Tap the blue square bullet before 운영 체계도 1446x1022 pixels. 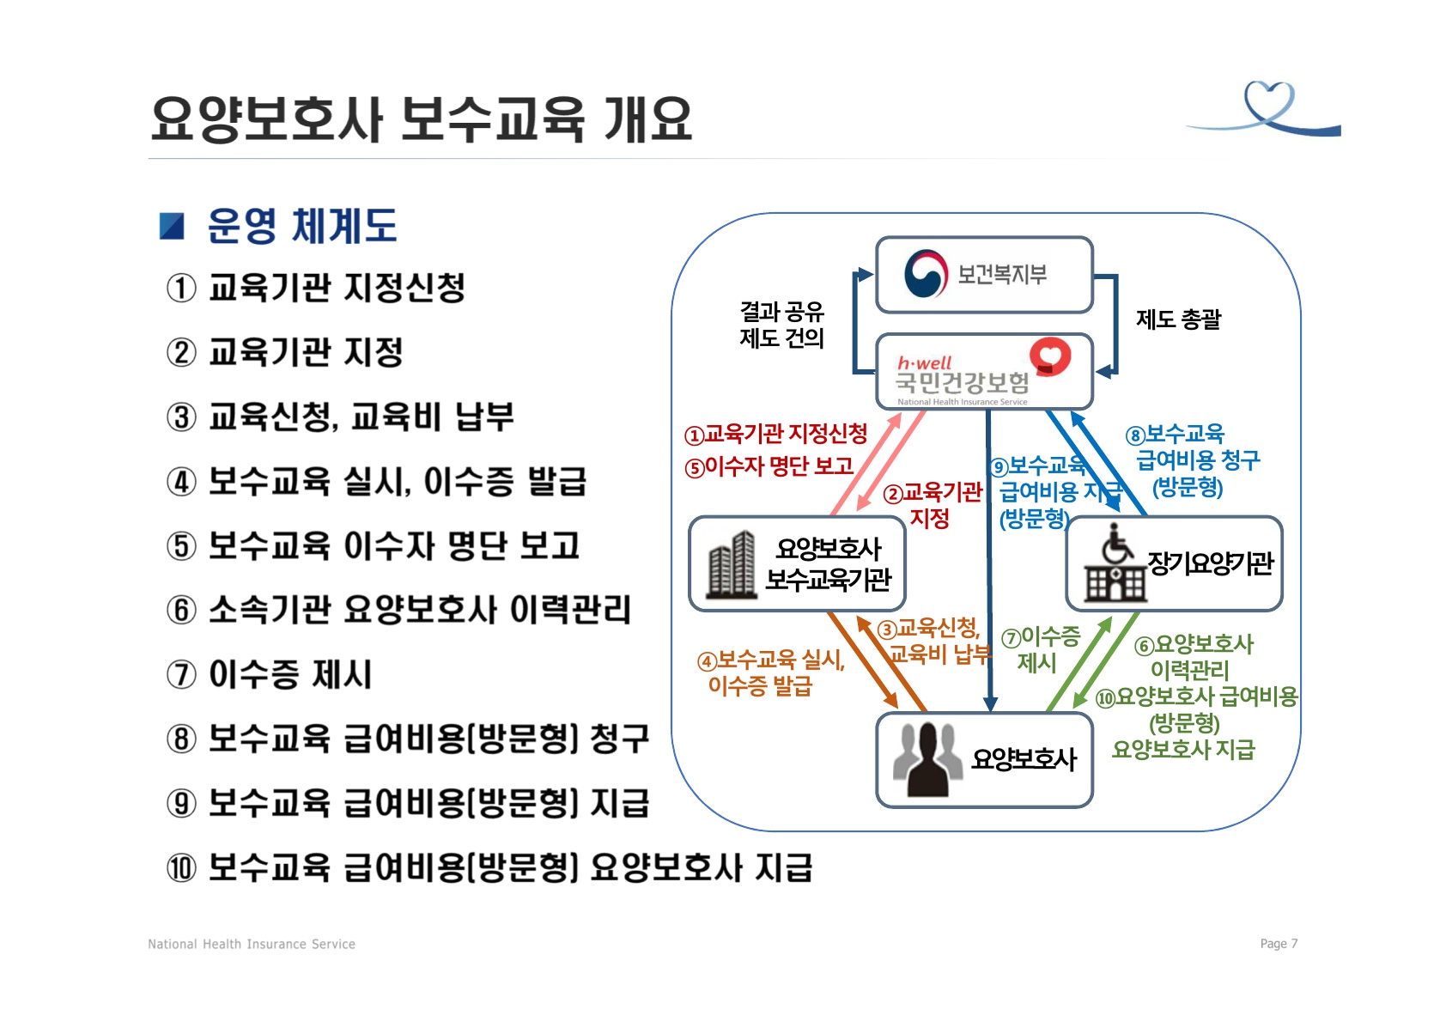click(x=173, y=226)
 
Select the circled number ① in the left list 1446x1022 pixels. click(x=181, y=288)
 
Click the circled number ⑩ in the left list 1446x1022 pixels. click(x=181, y=867)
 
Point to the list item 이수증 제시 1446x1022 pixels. click(x=290, y=674)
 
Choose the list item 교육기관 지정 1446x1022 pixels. click(x=306, y=352)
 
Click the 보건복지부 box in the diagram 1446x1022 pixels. click(x=984, y=275)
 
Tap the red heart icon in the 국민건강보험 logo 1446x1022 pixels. click(x=1050, y=356)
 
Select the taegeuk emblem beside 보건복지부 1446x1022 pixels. click(x=926, y=274)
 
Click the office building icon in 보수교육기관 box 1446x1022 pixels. click(x=731, y=564)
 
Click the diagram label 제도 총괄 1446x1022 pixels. click(x=1178, y=319)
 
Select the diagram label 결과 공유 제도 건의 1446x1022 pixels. click(x=781, y=325)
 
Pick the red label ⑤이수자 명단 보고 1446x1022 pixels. click(x=769, y=466)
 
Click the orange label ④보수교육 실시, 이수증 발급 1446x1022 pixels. click(x=770, y=672)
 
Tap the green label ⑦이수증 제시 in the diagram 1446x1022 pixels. click(x=1040, y=649)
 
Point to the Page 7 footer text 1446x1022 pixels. click(x=1279, y=944)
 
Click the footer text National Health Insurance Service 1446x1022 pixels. click(x=252, y=944)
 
